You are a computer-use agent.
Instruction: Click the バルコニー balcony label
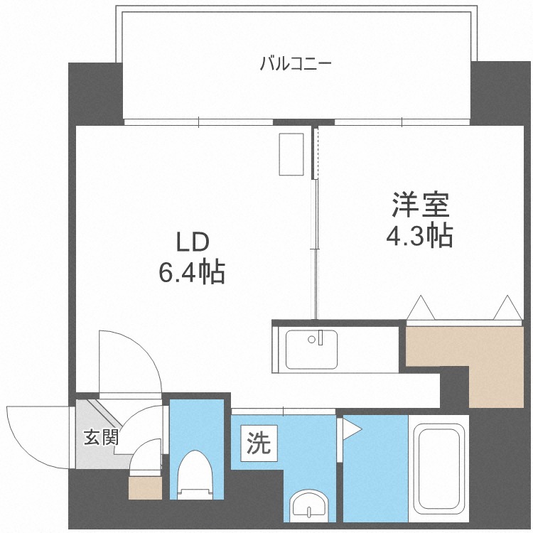pos(295,64)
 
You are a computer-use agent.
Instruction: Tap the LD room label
pos(192,242)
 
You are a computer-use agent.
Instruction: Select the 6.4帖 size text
pos(192,272)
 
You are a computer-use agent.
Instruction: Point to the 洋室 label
pos(421,205)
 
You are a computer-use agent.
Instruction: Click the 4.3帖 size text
pos(419,235)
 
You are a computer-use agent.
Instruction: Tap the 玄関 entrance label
pos(101,437)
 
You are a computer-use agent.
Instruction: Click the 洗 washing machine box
pos(259,443)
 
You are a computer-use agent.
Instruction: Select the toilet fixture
pos(195,475)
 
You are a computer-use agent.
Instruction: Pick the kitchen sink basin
pos(311,350)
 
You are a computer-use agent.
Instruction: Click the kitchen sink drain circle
pos(311,339)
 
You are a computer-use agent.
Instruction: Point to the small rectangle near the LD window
pos(291,154)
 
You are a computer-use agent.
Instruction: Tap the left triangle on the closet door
pos(421,308)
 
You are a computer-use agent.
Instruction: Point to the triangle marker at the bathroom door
pos(352,429)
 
